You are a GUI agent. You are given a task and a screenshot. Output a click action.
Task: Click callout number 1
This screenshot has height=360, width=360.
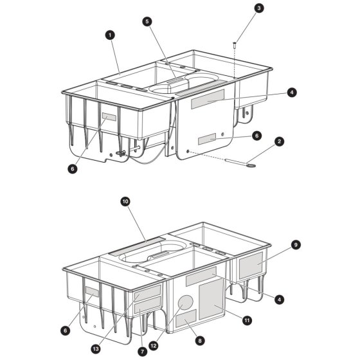point(110,35)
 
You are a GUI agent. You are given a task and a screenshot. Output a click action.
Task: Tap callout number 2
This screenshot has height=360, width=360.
point(279,141)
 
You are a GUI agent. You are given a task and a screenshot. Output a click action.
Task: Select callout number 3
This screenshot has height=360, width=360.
point(259,8)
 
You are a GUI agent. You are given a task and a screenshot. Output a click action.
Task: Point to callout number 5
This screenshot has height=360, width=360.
point(147,22)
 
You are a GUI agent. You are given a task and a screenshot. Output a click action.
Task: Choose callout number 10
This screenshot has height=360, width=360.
point(125,202)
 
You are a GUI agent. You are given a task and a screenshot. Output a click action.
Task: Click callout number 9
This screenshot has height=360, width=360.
point(296,245)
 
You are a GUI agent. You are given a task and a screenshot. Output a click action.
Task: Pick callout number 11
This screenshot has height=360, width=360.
point(247,320)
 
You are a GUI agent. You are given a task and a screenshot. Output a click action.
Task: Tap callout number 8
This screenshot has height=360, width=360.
point(200,341)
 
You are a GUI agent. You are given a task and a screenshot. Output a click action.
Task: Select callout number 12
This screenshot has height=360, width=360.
point(154,346)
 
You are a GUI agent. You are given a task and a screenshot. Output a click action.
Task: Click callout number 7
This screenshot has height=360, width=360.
point(142,352)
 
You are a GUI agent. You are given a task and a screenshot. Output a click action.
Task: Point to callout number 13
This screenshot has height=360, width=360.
point(96,349)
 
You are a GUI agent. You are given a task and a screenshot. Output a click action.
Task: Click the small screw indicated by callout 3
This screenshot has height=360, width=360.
point(235,45)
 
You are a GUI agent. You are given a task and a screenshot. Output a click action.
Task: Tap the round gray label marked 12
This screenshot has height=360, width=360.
point(186,302)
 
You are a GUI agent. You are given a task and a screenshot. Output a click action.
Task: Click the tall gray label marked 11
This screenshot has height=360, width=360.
point(211,299)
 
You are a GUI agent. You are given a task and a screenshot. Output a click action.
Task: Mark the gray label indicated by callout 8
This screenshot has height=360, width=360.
point(186,318)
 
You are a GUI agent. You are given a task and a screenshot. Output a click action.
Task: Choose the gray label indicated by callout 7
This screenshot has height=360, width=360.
point(148,305)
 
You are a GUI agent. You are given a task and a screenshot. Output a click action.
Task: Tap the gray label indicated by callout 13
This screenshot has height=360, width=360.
point(148,292)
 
